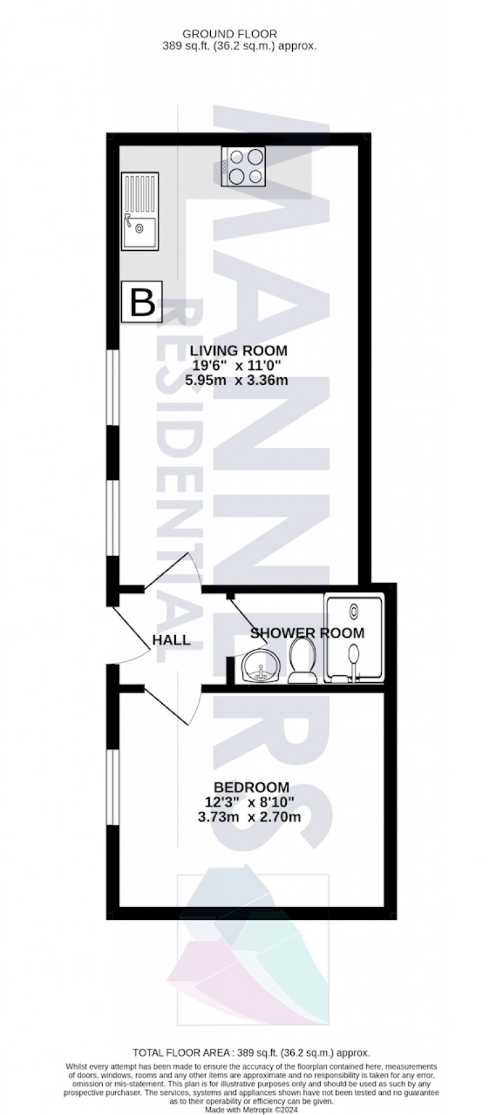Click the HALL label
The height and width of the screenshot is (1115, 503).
pos(172,640)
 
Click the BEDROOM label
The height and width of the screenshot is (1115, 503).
pos(252,787)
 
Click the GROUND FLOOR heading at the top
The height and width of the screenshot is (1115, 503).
pos(229,33)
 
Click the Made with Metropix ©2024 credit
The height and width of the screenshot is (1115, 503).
pos(251,1108)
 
